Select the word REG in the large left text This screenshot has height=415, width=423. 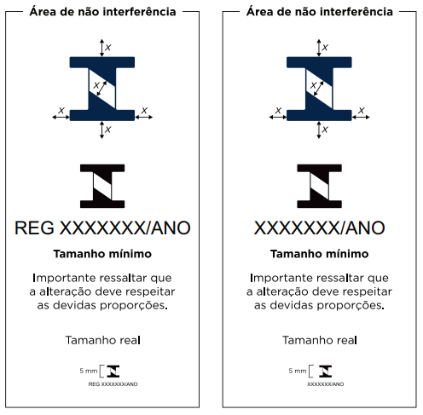coord(34,228)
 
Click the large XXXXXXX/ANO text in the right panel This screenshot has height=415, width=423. coord(319,228)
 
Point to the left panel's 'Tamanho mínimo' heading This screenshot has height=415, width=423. coord(102,254)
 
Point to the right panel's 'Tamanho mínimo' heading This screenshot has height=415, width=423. coord(319,254)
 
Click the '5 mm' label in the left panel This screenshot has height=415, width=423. coord(89,371)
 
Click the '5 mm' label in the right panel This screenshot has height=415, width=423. coord(298,371)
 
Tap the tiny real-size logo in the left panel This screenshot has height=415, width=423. coord(113,372)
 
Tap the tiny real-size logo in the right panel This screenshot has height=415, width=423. coord(325,372)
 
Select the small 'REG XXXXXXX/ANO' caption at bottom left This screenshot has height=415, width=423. coord(113,384)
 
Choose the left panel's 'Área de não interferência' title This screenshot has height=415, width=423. coord(102,12)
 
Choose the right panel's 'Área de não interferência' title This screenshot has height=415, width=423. coord(320,12)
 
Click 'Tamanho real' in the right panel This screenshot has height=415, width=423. coord(320,340)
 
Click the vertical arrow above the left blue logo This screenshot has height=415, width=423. coord(101,48)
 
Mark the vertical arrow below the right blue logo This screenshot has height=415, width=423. coord(319,130)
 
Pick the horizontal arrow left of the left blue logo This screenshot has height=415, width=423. coord(61,117)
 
